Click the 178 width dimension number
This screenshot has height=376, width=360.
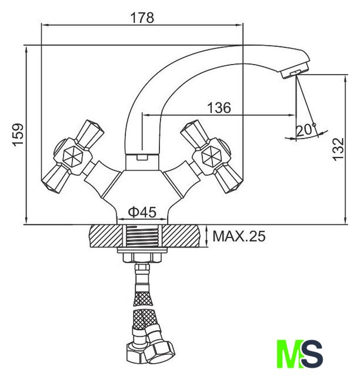tap(142, 18)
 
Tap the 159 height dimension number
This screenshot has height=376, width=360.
tap(18, 135)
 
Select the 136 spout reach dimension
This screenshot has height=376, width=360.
tap(219, 108)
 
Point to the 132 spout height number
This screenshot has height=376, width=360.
tap(339, 149)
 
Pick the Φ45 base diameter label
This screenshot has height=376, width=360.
tap(142, 212)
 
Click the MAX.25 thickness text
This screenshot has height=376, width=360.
tap(239, 236)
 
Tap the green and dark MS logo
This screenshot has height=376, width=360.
tap(300, 354)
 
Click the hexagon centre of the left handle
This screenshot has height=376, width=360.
tap(73, 157)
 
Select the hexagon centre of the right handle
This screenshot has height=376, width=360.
tap(211, 157)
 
